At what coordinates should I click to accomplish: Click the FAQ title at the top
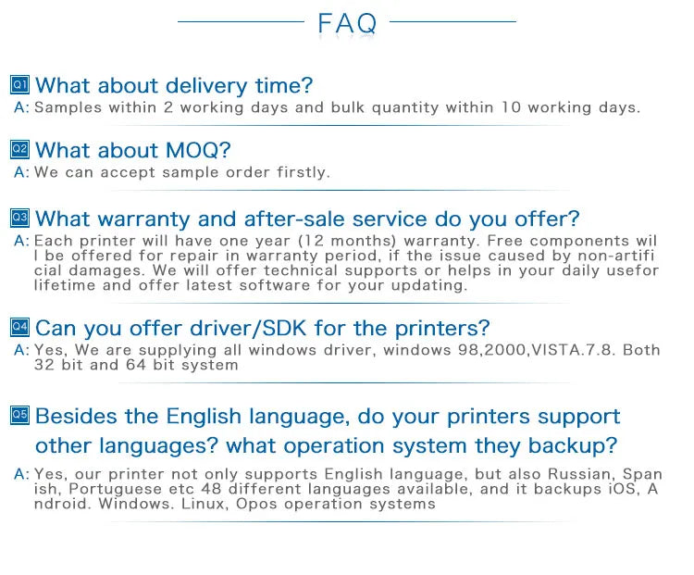[x=347, y=23]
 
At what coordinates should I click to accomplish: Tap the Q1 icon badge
[x=20, y=84]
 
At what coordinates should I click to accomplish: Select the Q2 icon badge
[x=20, y=149]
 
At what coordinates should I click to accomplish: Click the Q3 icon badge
[x=20, y=218]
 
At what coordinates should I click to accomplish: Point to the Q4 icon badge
[x=20, y=328]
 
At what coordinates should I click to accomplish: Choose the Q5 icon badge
[x=20, y=415]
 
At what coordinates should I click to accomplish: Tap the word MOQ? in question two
[x=198, y=150]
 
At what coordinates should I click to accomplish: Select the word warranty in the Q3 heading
[x=143, y=219]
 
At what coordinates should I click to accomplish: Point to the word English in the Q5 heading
[x=204, y=417]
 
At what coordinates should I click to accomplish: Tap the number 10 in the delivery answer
[x=511, y=107]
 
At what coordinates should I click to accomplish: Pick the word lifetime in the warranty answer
[x=65, y=285]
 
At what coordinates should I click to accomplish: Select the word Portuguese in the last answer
[x=115, y=490]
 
